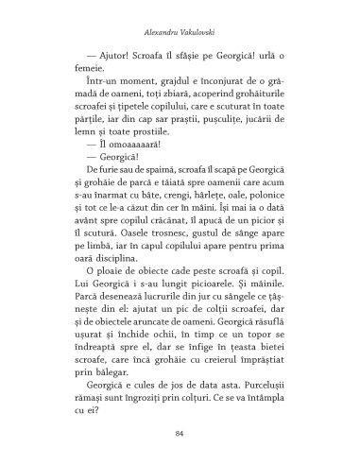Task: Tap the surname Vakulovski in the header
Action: [200, 29]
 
